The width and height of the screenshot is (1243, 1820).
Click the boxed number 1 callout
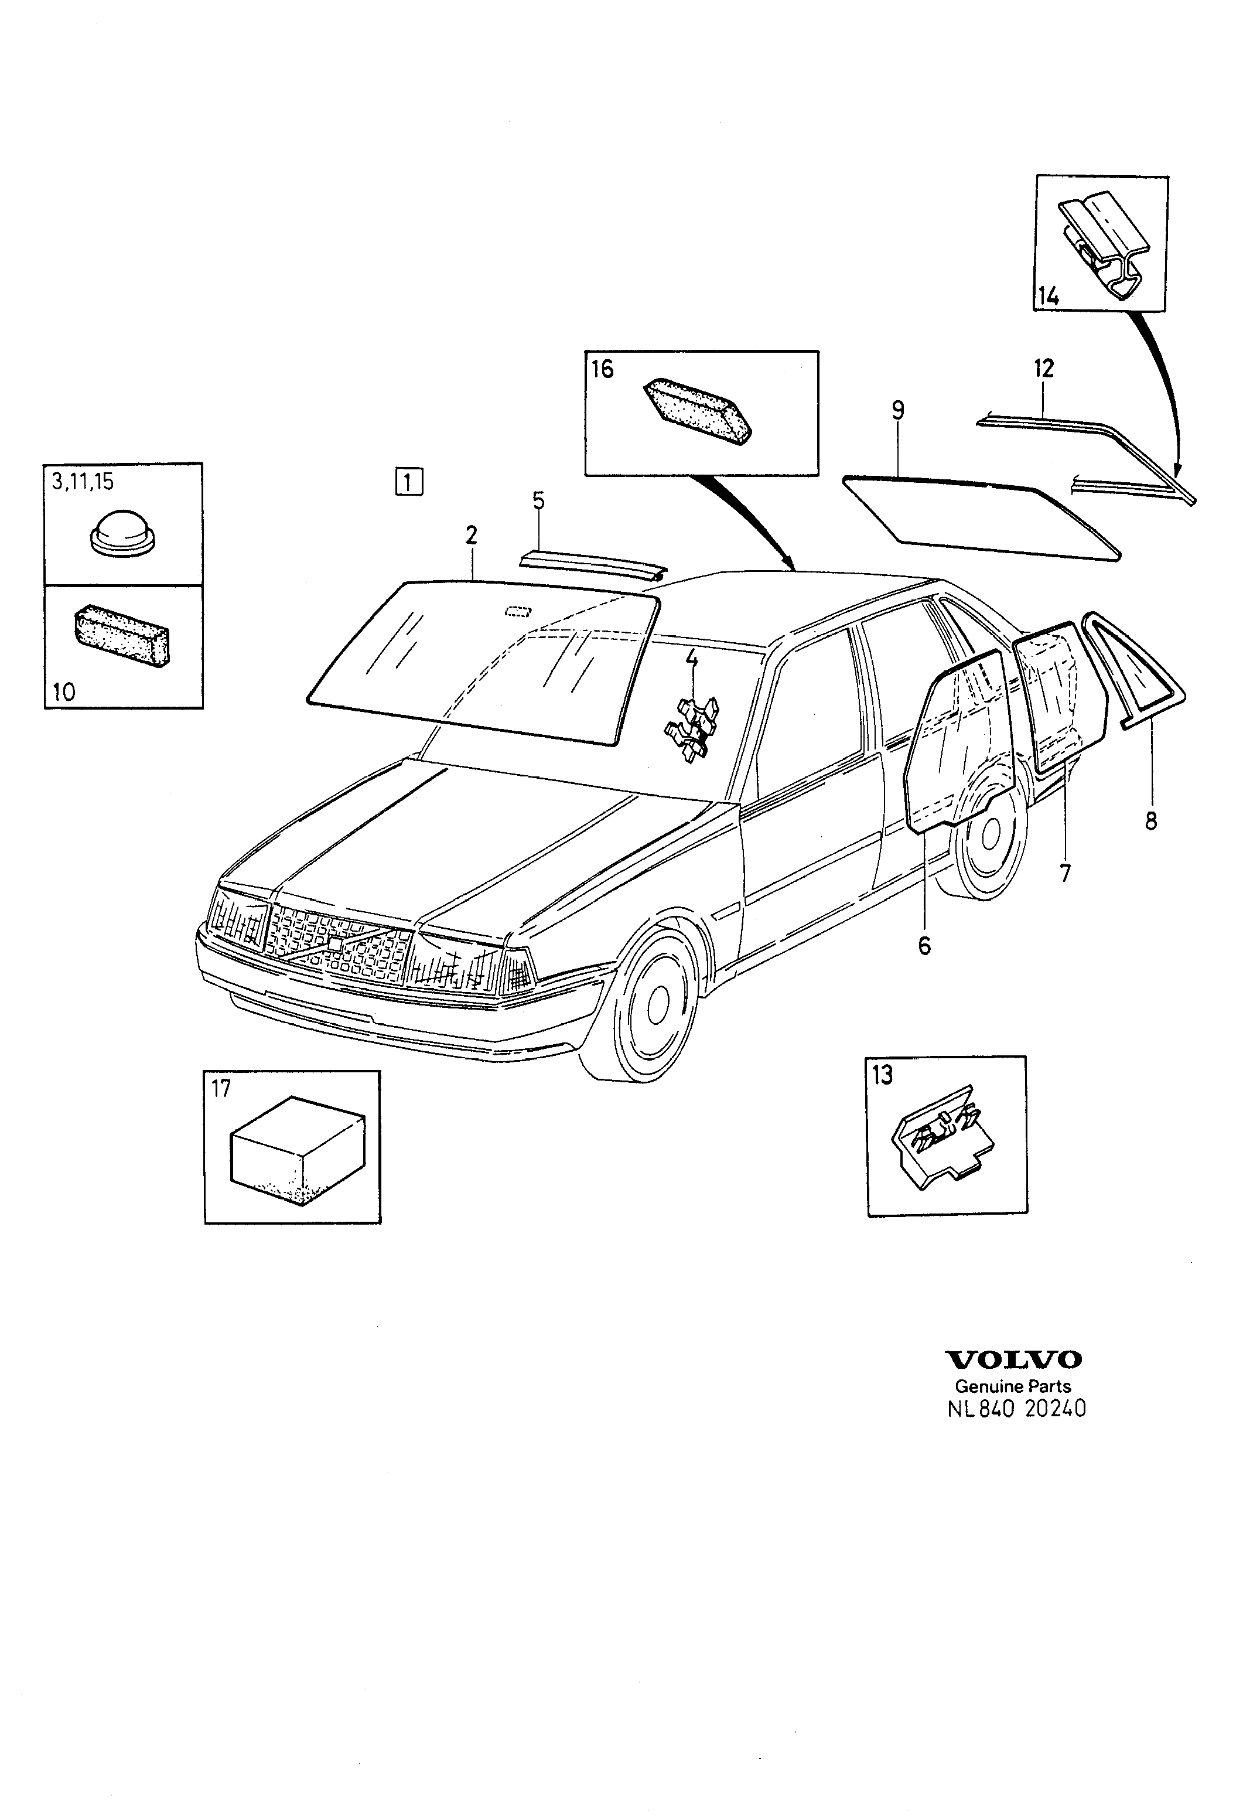(x=409, y=481)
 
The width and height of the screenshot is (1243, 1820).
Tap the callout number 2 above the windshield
(x=470, y=535)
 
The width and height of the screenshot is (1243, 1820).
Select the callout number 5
(x=538, y=500)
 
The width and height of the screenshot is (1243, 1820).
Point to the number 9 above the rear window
(x=898, y=410)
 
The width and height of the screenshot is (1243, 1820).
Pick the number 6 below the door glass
(x=924, y=946)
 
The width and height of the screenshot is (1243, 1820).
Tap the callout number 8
(x=1150, y=821)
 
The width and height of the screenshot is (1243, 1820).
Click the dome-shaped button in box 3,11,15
(x=123, y=533)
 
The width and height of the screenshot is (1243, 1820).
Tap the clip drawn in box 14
(x=1106, y=245)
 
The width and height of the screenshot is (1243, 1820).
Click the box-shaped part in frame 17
(x=298, y=1150)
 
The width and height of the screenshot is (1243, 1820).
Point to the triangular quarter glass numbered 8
(x=1133, y=670)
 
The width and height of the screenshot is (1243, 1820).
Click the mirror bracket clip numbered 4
(x=692, y=728)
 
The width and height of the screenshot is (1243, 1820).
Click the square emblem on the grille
(x=335, y=945)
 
